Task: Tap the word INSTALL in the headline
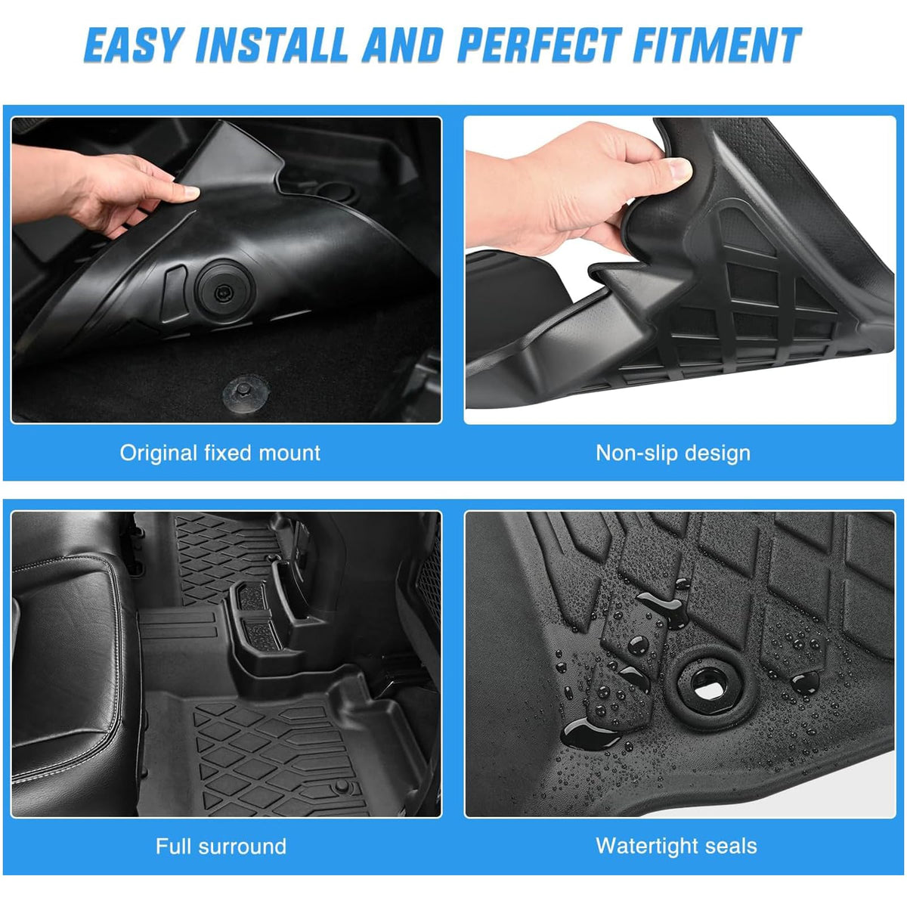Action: click(271, 45)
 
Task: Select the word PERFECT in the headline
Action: click(540, 45)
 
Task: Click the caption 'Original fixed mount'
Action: click(220, 453)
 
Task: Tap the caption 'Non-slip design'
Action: click(673, 453)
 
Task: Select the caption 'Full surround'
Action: click(221, 847)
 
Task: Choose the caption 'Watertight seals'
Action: click(676, 847)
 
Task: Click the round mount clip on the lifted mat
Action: click(224, 293)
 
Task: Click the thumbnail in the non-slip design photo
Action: click(679, 170)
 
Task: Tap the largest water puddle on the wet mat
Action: click(590, 734)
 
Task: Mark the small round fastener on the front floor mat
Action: click(341, 787)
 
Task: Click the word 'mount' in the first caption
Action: click(289, 453)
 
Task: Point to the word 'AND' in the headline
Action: click(402, 45)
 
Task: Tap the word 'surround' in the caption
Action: click(243, 847)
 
